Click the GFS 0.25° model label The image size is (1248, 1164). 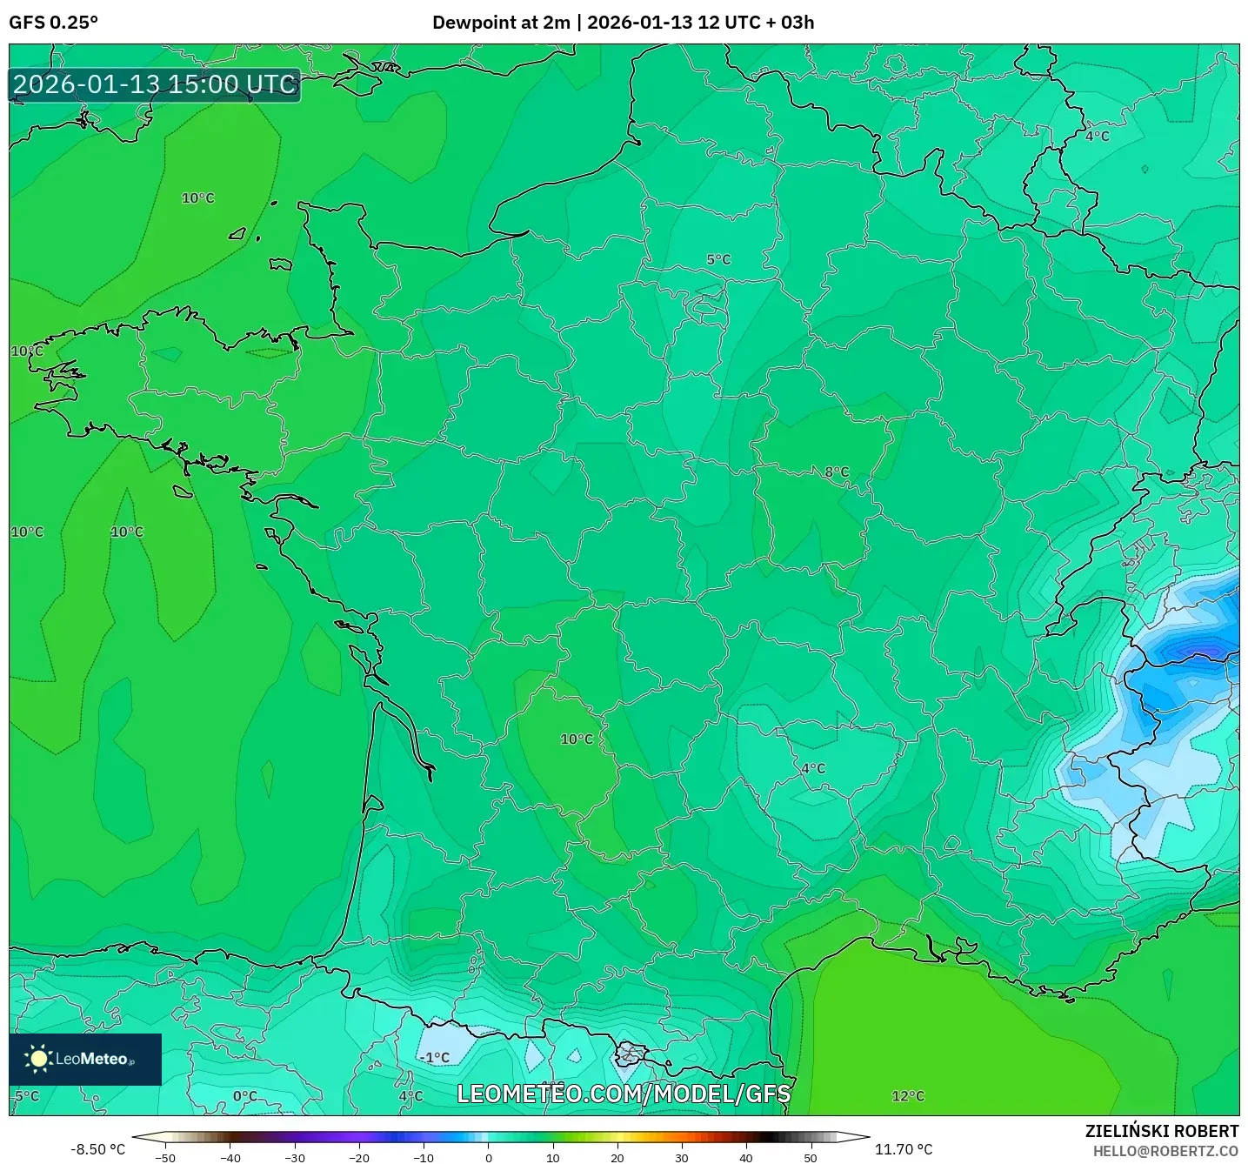tap(53, 23)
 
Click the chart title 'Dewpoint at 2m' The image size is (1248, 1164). tap(501, 23)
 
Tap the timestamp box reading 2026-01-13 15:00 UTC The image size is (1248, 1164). tap(155, 84)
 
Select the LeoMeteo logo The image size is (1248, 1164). tap(84, 1059)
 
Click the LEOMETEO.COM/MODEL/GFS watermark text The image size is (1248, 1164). tap(624, 1094)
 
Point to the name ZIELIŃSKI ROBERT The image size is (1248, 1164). tap(1161, 1131)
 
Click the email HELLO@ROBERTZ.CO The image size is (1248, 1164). tap(1165, 1151)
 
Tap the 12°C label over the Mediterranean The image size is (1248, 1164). tap(908, 1096)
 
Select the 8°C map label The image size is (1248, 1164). tap(837, 472)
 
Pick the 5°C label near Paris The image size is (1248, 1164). tap(718, 260)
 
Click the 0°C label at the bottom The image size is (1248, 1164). tap(244, 1096)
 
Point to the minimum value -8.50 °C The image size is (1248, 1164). tap(97, 1149)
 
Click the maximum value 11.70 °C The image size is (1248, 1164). tap(903, 1149)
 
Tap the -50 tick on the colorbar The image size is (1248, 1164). tap(165, 1158)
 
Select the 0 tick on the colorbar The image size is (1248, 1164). tap(489, 1158)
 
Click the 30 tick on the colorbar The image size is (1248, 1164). tap(681, 1158)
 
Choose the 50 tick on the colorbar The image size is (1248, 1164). tap(811, 1158)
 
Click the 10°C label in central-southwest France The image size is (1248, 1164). tap(576, 739)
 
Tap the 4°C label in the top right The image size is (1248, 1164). tap(1097, 137)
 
